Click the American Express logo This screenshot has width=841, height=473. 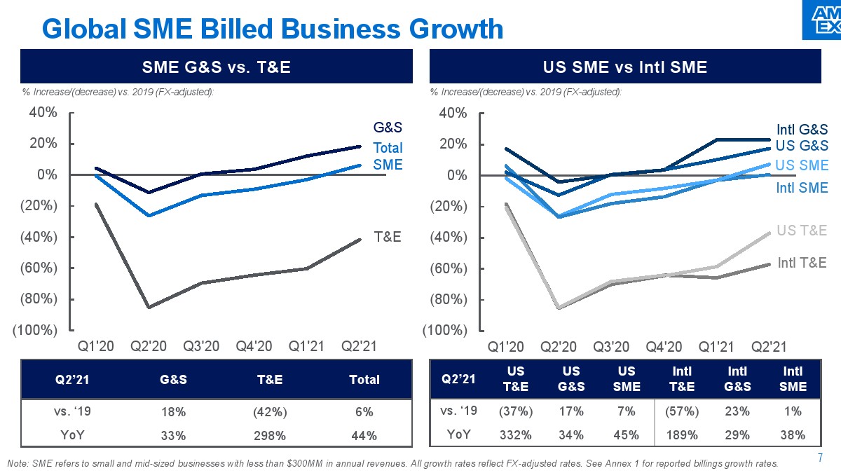821,20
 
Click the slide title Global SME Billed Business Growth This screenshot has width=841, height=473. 273,29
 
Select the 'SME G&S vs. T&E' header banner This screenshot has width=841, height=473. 217,67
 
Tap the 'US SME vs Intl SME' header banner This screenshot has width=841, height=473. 625,67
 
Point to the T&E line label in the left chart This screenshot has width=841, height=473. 387,237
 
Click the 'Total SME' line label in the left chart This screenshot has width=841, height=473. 388,156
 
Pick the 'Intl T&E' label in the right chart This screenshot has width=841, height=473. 802,263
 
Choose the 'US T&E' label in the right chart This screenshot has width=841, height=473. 802,231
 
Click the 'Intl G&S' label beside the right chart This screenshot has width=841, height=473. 802,130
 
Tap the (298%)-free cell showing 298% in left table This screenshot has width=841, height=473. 271,435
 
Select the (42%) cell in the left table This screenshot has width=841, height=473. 271,412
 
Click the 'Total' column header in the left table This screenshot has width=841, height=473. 364,379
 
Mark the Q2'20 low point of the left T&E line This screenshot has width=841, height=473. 149,307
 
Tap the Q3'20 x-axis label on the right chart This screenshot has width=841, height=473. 611,346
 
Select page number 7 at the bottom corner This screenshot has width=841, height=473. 821,458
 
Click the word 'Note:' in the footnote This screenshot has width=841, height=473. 18,464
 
